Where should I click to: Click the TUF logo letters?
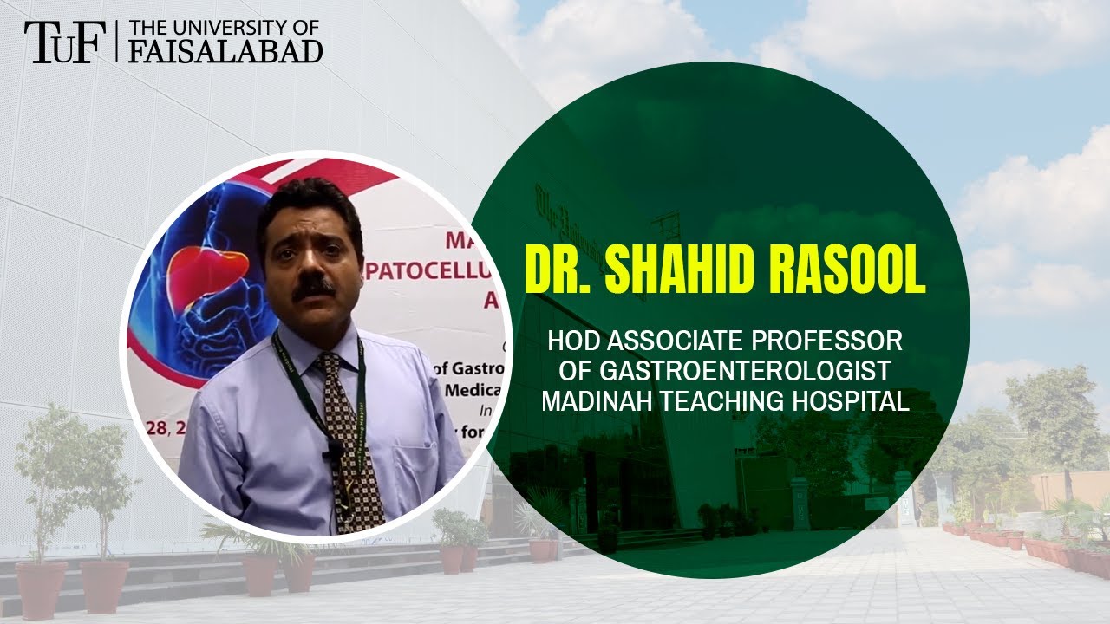click(59, 42)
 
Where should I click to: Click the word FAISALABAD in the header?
click(225, 51)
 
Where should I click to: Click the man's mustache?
click(313, 289)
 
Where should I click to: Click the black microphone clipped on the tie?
click(333, 452)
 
